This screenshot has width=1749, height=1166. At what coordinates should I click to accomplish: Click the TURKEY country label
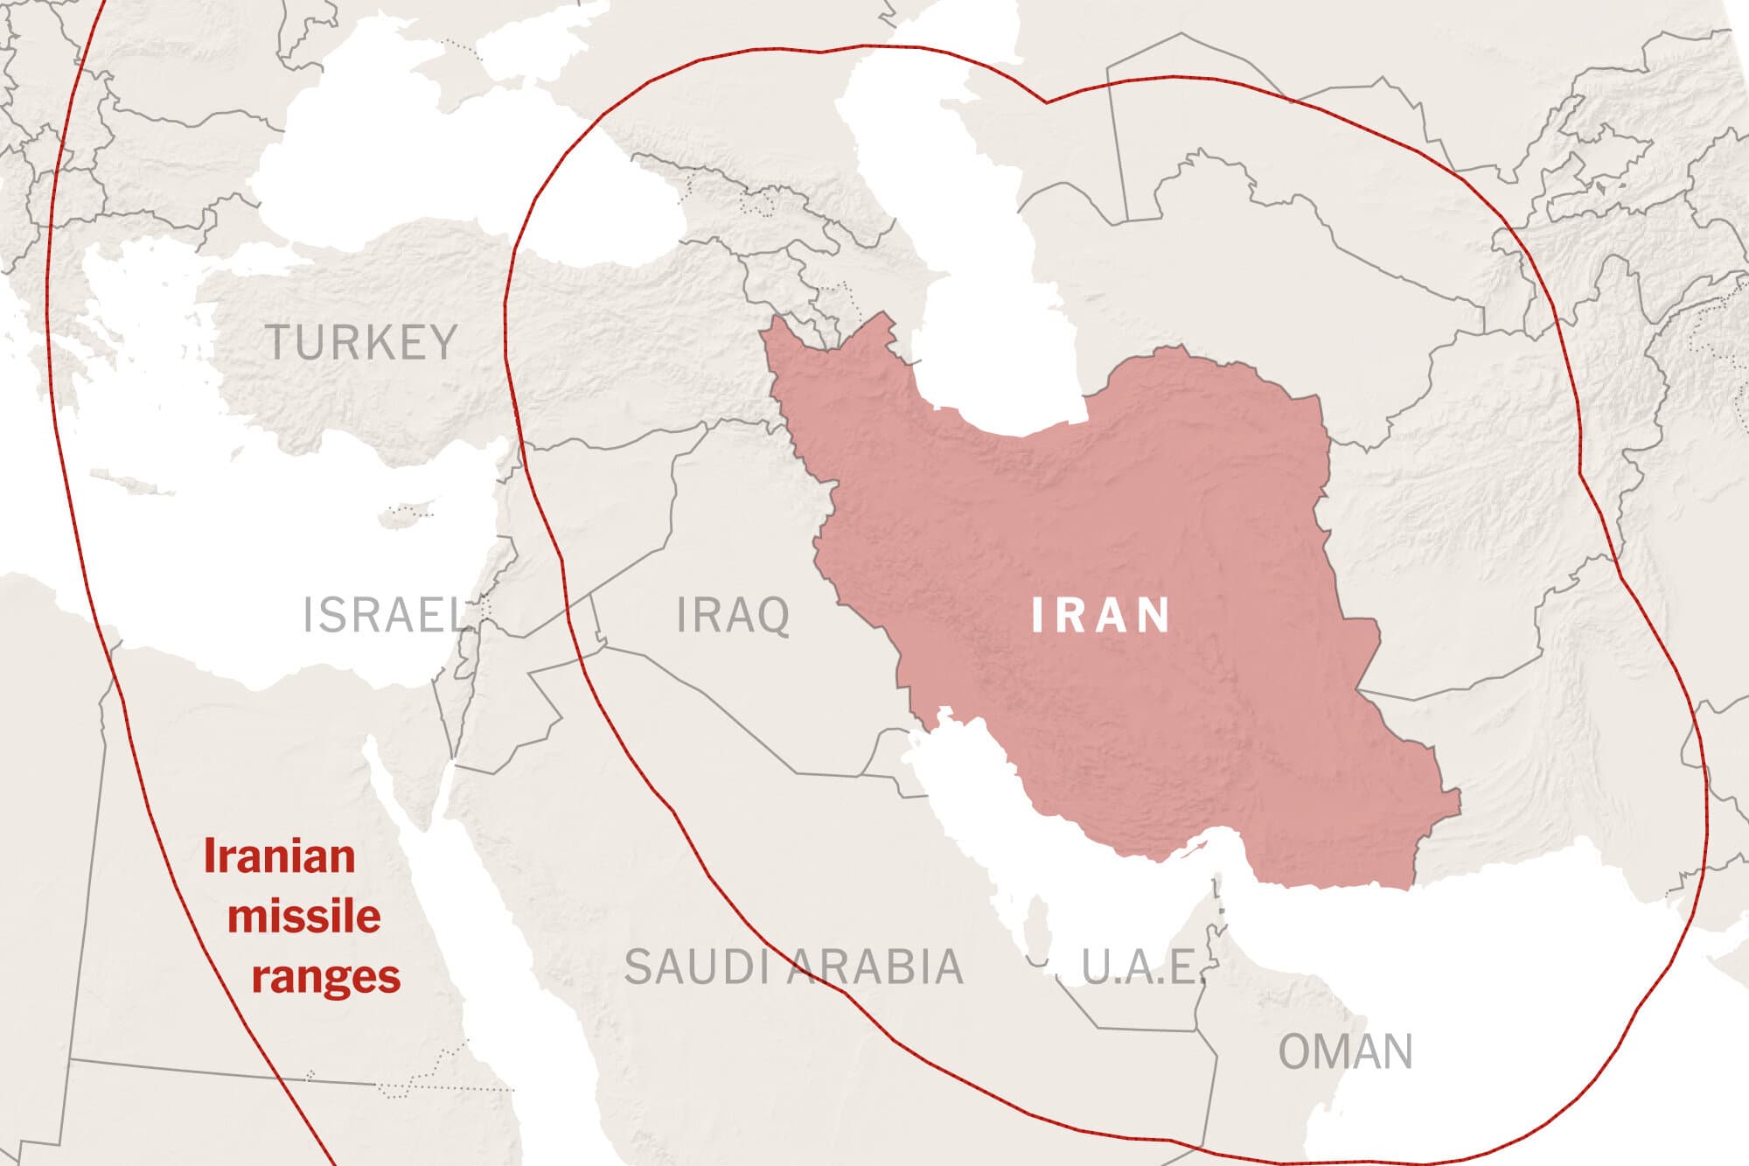tap(361, 342)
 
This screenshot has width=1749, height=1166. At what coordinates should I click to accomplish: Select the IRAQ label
tap(733, 615)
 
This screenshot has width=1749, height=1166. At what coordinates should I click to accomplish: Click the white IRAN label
tap(1101, 615)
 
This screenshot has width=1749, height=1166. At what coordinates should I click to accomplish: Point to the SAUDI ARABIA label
tap(793, 967)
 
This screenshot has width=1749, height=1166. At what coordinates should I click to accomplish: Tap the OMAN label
tap(1345, 1051)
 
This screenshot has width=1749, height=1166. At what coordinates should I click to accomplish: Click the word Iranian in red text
tap(279, 856)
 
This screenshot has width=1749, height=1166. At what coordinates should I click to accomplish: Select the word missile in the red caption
tap(303, 917)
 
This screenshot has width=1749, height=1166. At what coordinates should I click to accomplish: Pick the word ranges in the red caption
tap(325, 975)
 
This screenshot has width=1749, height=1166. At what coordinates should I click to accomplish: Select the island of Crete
tap(122, 480)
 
